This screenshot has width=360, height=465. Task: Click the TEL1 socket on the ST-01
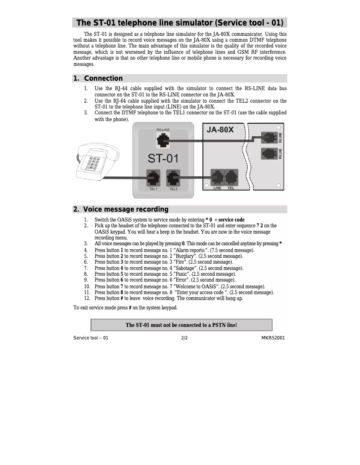point(154,178)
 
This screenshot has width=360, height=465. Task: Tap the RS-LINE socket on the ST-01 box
point(163,140)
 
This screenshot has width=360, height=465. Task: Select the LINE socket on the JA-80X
point(217,177)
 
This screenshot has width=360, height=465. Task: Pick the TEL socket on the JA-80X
point(231,177)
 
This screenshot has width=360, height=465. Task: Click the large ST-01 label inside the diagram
point(163,158)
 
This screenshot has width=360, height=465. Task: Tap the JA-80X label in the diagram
point(220,130)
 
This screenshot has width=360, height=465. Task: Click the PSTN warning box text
point(181,325)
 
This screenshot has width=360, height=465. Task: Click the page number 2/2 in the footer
point(184,338)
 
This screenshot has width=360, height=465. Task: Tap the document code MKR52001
point(273,338)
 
